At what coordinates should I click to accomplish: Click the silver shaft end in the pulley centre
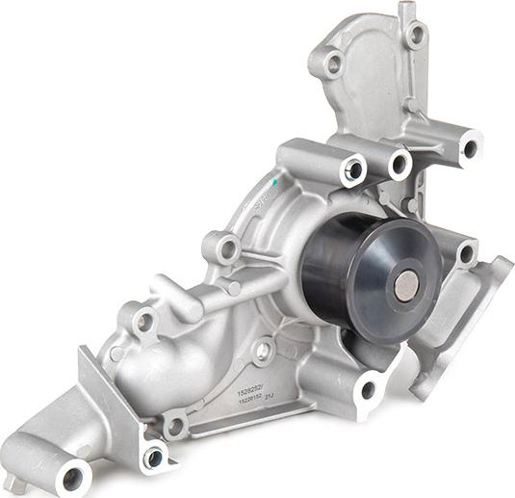pyautogui.click(x=407, y=284)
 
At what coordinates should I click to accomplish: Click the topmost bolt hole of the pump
pyautogui.click(x=416, y=35)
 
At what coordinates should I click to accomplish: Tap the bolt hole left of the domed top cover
pyautogui.click(x=333, y=65)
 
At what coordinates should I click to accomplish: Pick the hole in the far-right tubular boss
pyautogui.click(x=470, y=148)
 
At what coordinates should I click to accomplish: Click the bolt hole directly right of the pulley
pyautogui.click(x=466, y=254)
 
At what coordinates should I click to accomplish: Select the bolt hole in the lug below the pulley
pyautogui.click(x=367, y=390)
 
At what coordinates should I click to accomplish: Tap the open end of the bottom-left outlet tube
pyautogui.click(x=72, y=475)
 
